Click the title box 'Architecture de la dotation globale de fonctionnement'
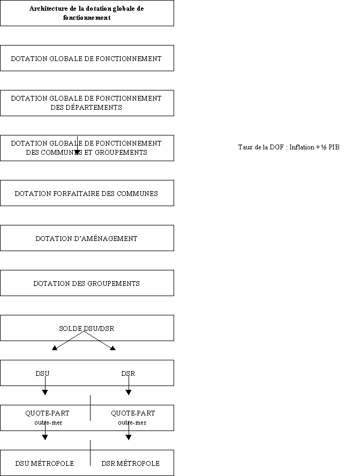[87, 13]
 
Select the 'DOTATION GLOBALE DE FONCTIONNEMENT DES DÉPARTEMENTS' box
[87, 103]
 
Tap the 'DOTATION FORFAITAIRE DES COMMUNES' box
[87, 193]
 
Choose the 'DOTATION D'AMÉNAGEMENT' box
[87, 238]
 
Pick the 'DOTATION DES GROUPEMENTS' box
[87, 283]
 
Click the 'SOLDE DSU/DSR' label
[87, 328]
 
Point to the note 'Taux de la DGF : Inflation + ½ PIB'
[289, 147]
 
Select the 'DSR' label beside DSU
[128, 373]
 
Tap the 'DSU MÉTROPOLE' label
[44, 463]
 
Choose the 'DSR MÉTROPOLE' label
[130, 463]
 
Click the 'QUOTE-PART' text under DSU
[47, 413]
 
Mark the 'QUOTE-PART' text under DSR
[133, 413]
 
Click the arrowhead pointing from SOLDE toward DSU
[55, 348]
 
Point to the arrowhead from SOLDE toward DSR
[113, 348]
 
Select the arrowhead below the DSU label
[45, 392]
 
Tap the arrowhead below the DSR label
[129, 392]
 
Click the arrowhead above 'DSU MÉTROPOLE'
[45, 437]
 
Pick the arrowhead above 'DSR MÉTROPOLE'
[129, 437]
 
